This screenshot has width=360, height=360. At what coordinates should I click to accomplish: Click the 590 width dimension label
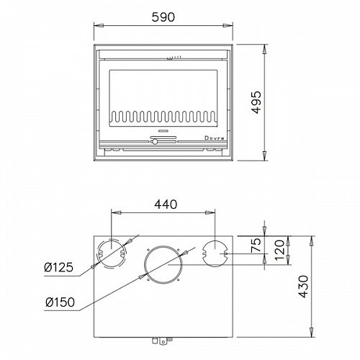point(163,17)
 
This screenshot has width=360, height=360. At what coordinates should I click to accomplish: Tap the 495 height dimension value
point(256,102)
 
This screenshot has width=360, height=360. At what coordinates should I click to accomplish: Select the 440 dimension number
point(166,204)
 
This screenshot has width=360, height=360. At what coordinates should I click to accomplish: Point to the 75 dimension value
point(256,245)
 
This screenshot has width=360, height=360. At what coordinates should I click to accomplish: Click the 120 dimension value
point(279,251)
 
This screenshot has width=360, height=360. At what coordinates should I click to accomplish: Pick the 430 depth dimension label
point(303,287)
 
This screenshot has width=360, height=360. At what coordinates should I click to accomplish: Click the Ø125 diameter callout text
point(59,267)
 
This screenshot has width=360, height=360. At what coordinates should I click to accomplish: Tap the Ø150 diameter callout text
point(60,302)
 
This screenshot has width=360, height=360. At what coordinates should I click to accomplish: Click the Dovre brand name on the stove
point(215,138)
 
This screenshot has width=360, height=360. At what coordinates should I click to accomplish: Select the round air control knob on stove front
point(155,142)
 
